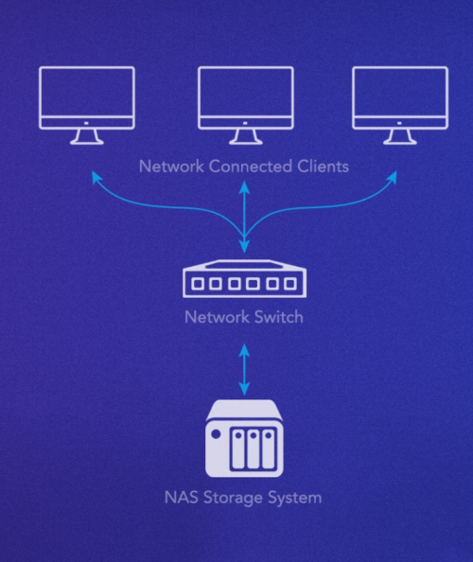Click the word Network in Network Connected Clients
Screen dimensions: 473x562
pyautogui.click(x=171, y=167)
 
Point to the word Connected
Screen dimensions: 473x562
pyautogui.click(x=251, y=167)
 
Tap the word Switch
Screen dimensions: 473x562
pyautogui.click(x=279, y=317)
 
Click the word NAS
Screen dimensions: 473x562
pyautogui.click(x=182, y=498)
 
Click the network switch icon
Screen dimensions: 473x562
pyautogui.click(x=245, y=279)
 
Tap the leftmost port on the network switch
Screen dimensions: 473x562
pyautogui.click(x=198, y=284)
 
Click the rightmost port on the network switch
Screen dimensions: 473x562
pyautogui.click(x=290, y=284)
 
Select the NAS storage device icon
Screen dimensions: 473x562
pyautogui.click(x=244, y=439)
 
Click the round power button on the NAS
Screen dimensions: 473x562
pyautogui.click(x=216, y=434)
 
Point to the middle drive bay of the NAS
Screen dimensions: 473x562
pyautogui.click(x=254, y=449)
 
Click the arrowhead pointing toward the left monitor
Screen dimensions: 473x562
pyautogui.click(x=96, y=176)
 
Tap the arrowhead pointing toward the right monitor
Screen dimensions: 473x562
pyautogui.click(x=393, y=176)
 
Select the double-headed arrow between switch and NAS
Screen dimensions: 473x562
pyautogui.click(x=244, y=370)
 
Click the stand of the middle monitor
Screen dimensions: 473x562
pyautogui.click(x=246, y=137)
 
